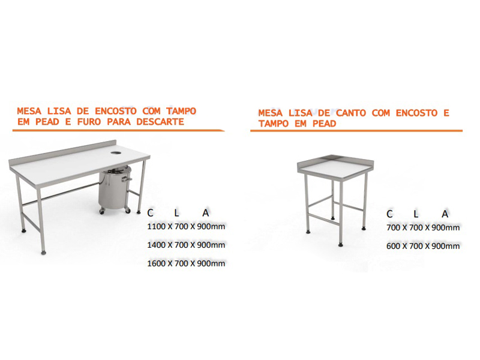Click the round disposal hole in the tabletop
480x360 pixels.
click(116, 152)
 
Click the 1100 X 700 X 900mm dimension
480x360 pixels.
click(186, 227)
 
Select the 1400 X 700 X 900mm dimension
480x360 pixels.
click(186, 245)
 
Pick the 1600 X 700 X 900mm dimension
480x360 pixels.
click(186, 263)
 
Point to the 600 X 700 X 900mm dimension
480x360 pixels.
click(423, 246)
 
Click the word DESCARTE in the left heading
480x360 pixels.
click(160, 122)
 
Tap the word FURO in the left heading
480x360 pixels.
click(89, 122)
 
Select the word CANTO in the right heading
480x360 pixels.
click(351, 113)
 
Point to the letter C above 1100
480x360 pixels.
click(150, 213)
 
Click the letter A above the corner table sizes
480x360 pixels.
click(445, 214)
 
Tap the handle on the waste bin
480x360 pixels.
click(127, 179)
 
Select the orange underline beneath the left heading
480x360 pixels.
click(118, 131)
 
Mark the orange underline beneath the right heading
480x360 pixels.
click(356, 131)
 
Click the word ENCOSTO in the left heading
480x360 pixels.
click(115, 111)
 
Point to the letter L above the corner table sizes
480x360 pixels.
click(416, 214)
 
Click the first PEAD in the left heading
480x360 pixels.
click(47, 122)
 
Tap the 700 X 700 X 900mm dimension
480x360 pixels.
click(423, 228)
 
